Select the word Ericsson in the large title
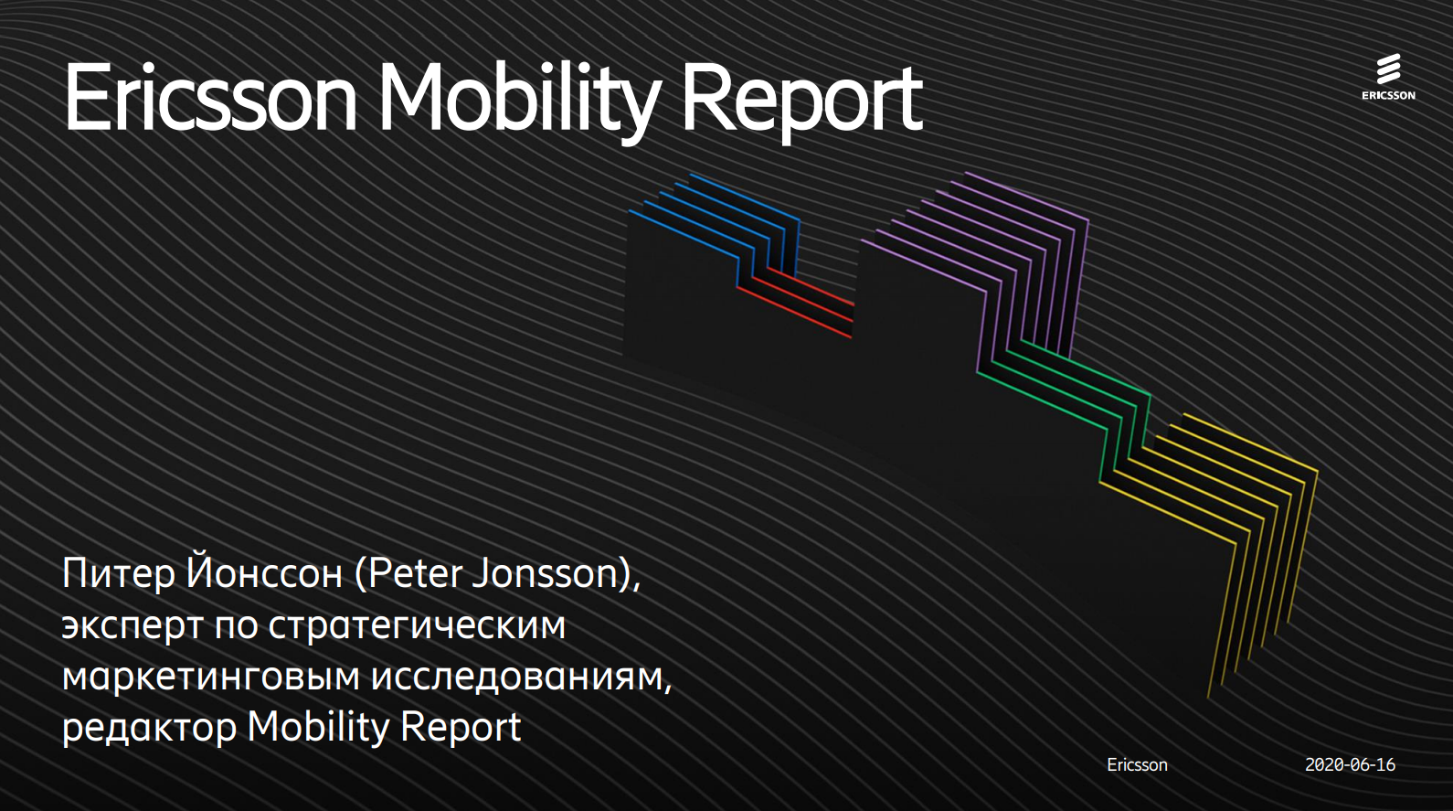tap(210, 98)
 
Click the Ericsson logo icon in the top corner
tap(1388, 77)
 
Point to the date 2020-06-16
tap(1350, 765)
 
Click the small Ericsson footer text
tap(1137, 765)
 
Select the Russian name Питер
tap(119, 575)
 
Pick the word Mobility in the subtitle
tap(318, 727)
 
